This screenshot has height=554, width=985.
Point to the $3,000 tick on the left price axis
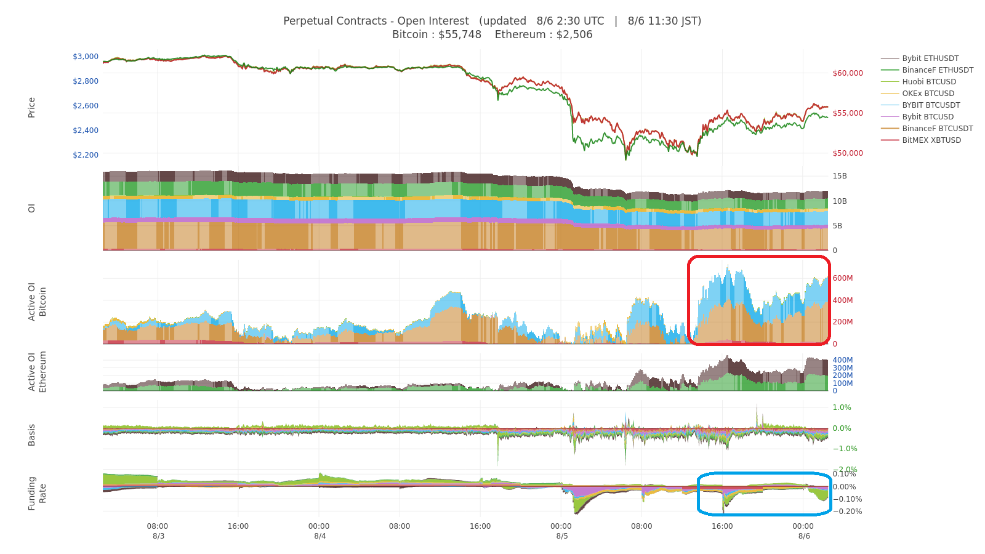coord(86,56)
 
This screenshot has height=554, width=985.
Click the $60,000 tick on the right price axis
coord(848,73)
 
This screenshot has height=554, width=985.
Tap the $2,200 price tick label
coord(86,155)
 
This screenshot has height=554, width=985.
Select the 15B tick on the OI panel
coord(840,176)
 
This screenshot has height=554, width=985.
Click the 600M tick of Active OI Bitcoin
coord(843,278)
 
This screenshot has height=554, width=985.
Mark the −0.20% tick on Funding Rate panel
coord(847,512)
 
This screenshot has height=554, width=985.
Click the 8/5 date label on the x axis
coord(561,536)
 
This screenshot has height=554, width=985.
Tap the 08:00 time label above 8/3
coord(158,526)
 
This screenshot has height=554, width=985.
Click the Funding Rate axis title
coord(37,493)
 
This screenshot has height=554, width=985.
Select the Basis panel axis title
coord(31,435)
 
